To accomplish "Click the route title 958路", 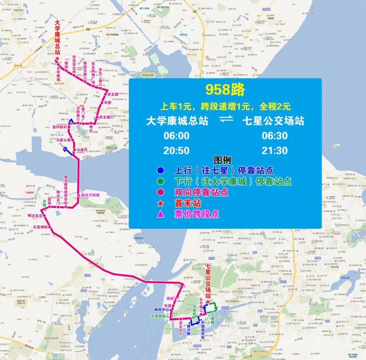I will pyautogui.click(x=224, y=89).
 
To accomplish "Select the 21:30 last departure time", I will pyautogui.click(x=274, y=151).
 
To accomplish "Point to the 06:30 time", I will pyautogui.click(x=274, y=136).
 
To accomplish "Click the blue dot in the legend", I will pyautogui.click(x=160, y=171).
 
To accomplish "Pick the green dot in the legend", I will pyautogui.click(x=160, y=181).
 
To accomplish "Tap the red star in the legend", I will pyautogui.click(x=160, y=203).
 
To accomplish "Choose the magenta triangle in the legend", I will pyautogui.click(x=160, y=214).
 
